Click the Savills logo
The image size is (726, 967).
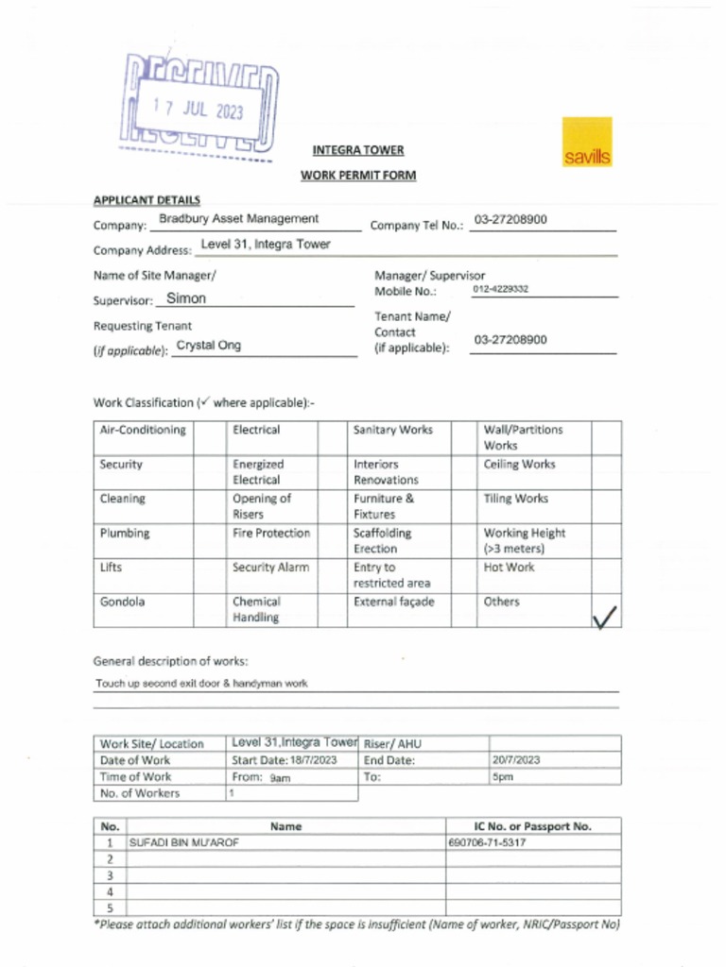point(586,143)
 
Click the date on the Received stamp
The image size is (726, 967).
point(199,109)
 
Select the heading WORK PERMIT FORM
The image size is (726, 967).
point(358,176)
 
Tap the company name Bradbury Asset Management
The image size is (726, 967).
point(238,219)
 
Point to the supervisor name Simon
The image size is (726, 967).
point(186,298)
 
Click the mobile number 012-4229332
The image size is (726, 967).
point(500,289)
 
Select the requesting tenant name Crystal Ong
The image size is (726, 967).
point(209,346)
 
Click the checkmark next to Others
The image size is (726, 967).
point(605,618)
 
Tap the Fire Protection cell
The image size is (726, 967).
point(271,534)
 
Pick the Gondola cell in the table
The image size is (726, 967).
point(123,602)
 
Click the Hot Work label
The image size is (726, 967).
point(509,568)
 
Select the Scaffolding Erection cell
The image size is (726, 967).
point(382,541)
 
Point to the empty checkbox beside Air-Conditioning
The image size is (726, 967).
point(209,438)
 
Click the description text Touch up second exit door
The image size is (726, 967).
point(201,683)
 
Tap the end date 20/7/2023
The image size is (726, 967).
point(516,760)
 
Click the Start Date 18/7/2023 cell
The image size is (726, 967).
point(285,760)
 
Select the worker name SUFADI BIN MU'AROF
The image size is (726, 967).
point(184,842)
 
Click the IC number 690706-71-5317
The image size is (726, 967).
point(487,842)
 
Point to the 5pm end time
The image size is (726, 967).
point(502,777)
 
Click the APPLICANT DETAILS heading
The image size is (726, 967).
point(147,200)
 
